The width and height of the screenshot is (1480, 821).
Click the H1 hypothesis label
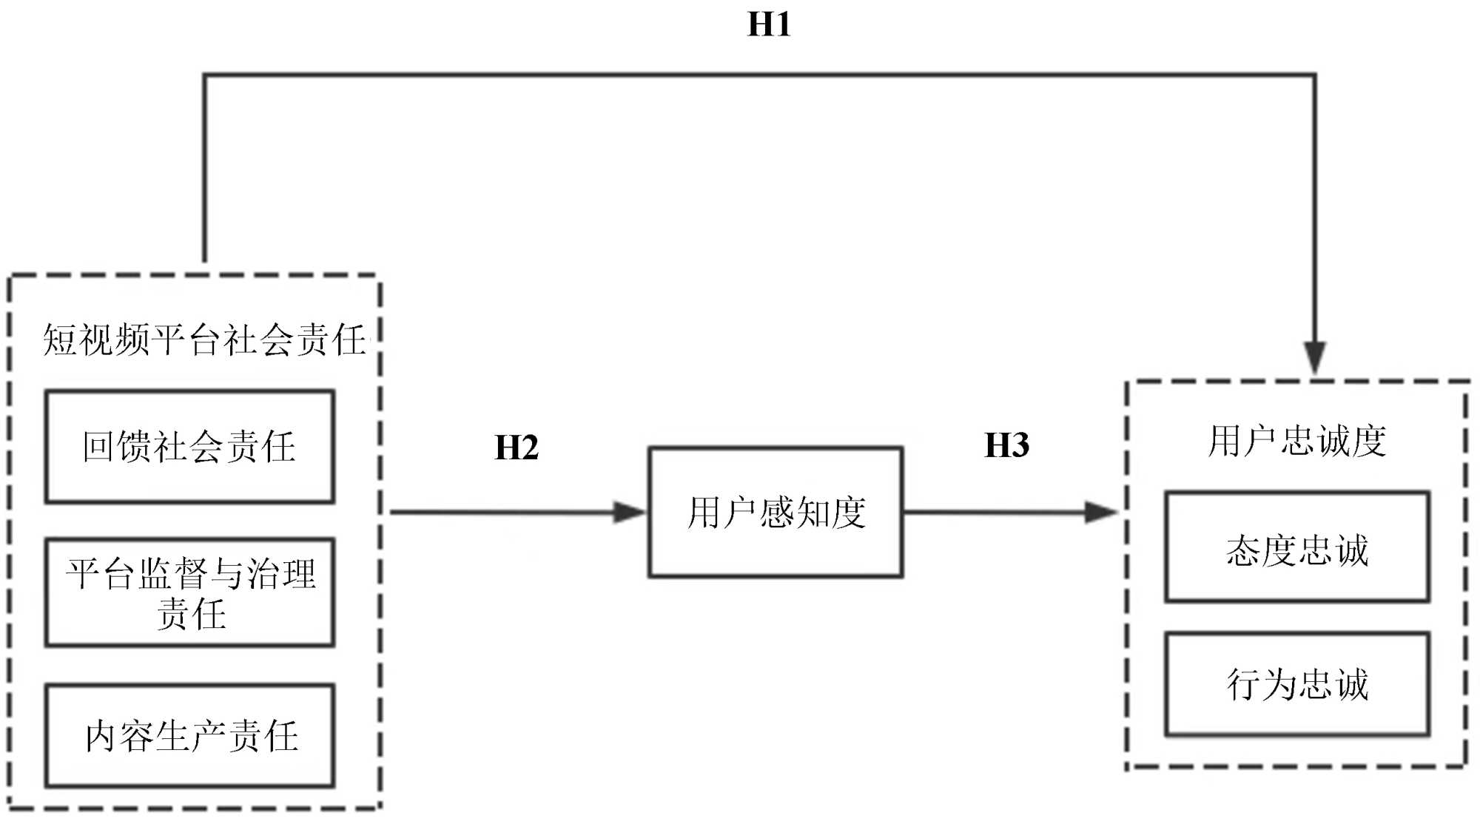[x=769, y=24]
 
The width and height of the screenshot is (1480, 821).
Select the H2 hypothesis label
[x=516, y=447]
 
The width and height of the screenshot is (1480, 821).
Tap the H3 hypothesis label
[x=1006, y=445]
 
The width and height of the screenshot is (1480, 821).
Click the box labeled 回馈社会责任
[x=189, y=447]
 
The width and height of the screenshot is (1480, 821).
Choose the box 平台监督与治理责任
[x=189, y=592]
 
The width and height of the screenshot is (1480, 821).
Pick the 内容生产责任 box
[x=189, y=735]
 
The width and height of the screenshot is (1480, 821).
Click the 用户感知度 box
[x=776, y=512]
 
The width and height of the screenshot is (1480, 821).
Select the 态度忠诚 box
[x=1296, y=547]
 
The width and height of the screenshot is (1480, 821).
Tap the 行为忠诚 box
[x=1296, y=684]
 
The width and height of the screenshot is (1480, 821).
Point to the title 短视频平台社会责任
[x=204, y=340]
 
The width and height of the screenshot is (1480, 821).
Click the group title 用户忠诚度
[x=1296, y=441]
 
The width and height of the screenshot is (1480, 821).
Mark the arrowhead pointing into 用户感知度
[x=630, y=512]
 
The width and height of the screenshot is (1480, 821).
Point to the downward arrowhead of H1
[x=1314, y=359]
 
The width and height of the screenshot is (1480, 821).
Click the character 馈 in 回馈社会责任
[x=135, y=447]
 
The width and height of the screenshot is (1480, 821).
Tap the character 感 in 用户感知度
[x=776, y=512]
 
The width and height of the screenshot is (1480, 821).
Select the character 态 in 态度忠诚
[x=1243, y=550]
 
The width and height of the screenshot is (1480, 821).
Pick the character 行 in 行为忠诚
[x=1245, y=684]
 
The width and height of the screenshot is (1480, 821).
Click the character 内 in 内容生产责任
[x=102, y=736]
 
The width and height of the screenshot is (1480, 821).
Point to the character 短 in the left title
[x=60, y=340]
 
